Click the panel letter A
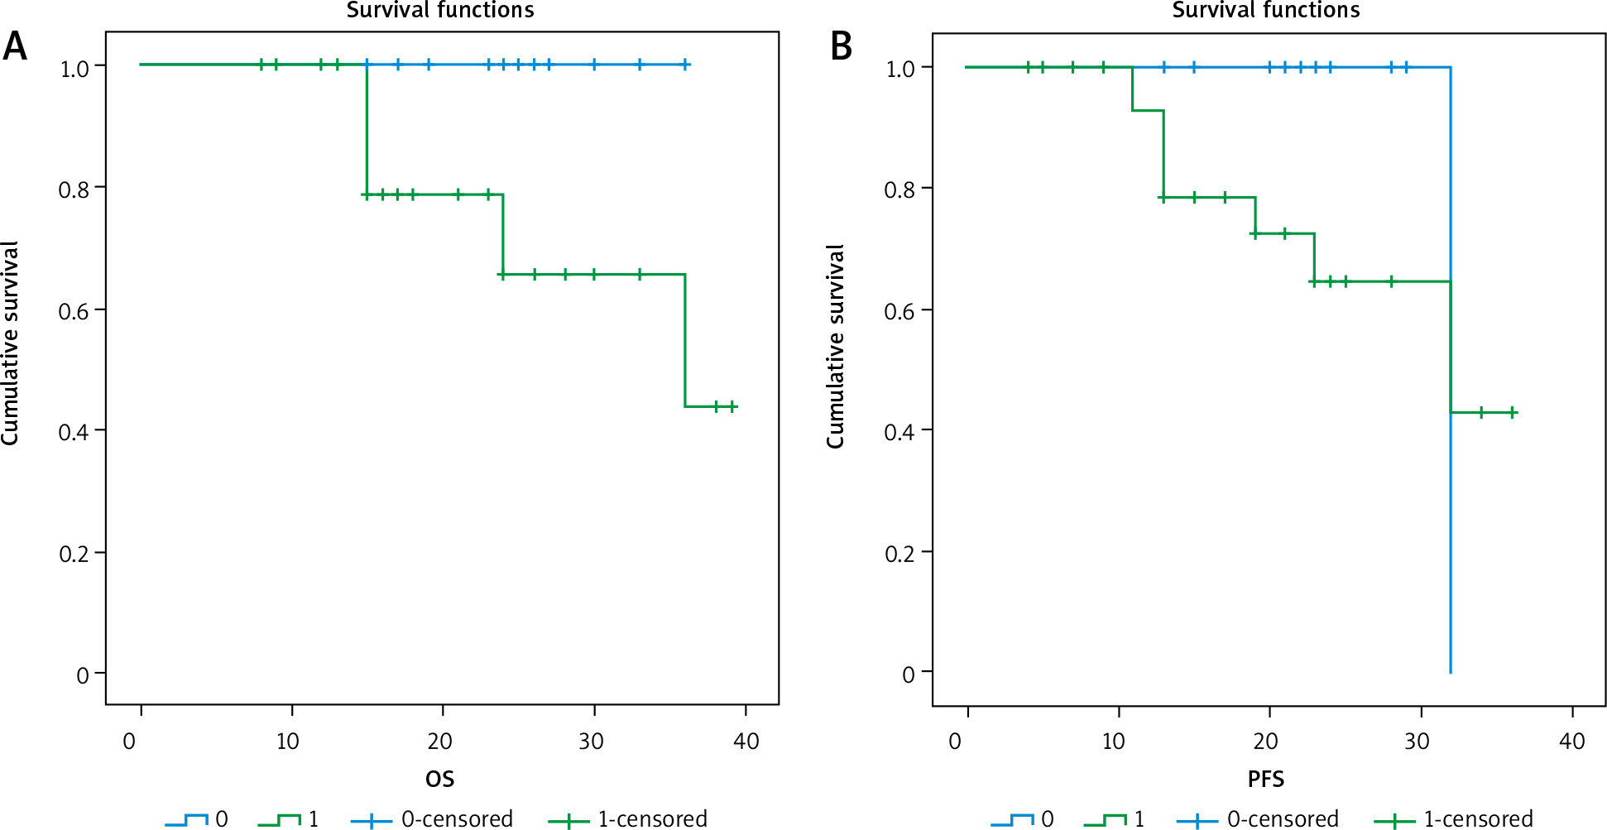point(15,47)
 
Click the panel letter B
point(841,47)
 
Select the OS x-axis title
point(439,779)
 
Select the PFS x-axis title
point(1265,779)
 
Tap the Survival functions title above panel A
point(440,11)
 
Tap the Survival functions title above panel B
point(1266,11)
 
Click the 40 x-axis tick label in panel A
point(746,741)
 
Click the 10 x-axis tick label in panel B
point(1113,741)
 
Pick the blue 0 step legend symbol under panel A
point(186,820)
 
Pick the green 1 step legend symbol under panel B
point(1105,820)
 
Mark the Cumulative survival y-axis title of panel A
point(10,343)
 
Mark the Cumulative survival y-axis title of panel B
point(836,346)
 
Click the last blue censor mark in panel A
point(685,65)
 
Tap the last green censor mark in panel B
point(1512,412)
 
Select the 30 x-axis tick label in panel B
point(1417,741)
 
